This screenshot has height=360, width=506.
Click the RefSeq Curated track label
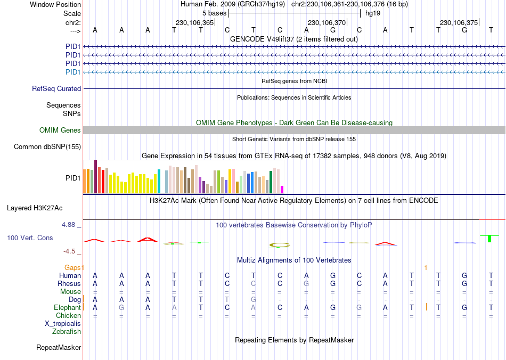(x=56, y=89)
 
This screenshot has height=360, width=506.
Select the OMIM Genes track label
(x=60, y=130)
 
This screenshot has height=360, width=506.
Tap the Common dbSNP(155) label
(x=47, y=147)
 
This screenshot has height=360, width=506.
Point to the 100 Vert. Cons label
(x=30, y=238)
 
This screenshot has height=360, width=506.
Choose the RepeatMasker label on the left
(x=59, y=348)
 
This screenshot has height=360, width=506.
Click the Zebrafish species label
(x=67, y=332)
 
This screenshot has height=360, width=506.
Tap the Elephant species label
(x=67, y=308)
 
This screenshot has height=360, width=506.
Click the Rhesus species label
(x=69, y=284)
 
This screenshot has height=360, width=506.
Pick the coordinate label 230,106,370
(x=327, y=23)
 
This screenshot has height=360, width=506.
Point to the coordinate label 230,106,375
(x=459, y=23)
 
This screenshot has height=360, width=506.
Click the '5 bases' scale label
(x=214, y=13)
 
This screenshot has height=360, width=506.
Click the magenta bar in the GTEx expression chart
(x=282, y=189)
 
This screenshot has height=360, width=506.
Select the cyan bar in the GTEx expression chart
(x=159, y=181)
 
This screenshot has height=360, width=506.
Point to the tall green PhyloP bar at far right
(x=489, y=238)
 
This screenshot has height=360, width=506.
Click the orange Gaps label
(x=74, y=267)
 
